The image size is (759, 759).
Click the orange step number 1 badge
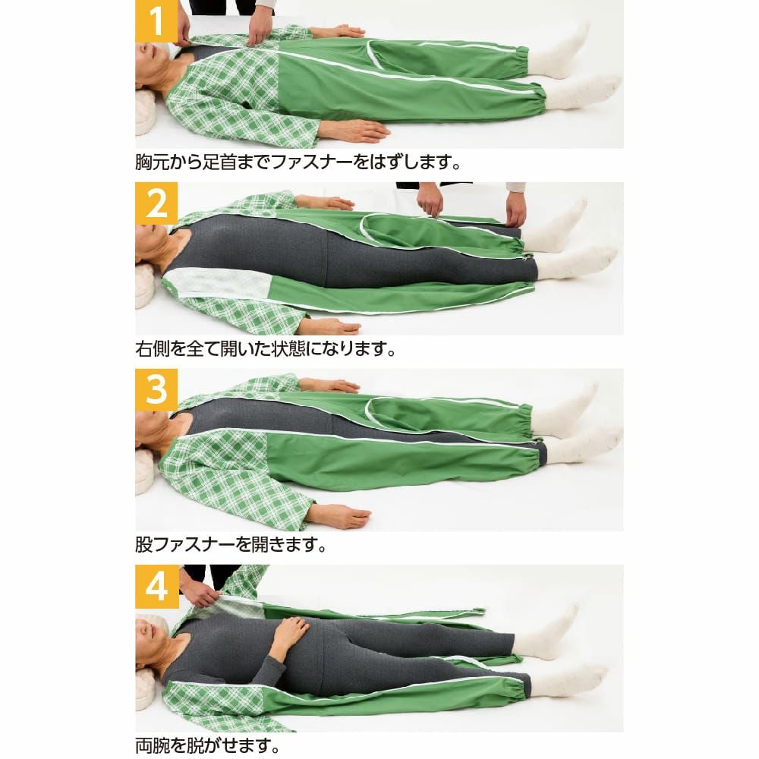156,21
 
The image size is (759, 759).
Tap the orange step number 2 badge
156,203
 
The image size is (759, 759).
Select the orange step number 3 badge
156,390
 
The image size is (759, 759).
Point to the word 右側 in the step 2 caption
152,348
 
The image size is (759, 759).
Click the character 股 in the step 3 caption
143,544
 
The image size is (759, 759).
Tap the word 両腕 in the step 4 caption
152,746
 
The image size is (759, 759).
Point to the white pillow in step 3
145,471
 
